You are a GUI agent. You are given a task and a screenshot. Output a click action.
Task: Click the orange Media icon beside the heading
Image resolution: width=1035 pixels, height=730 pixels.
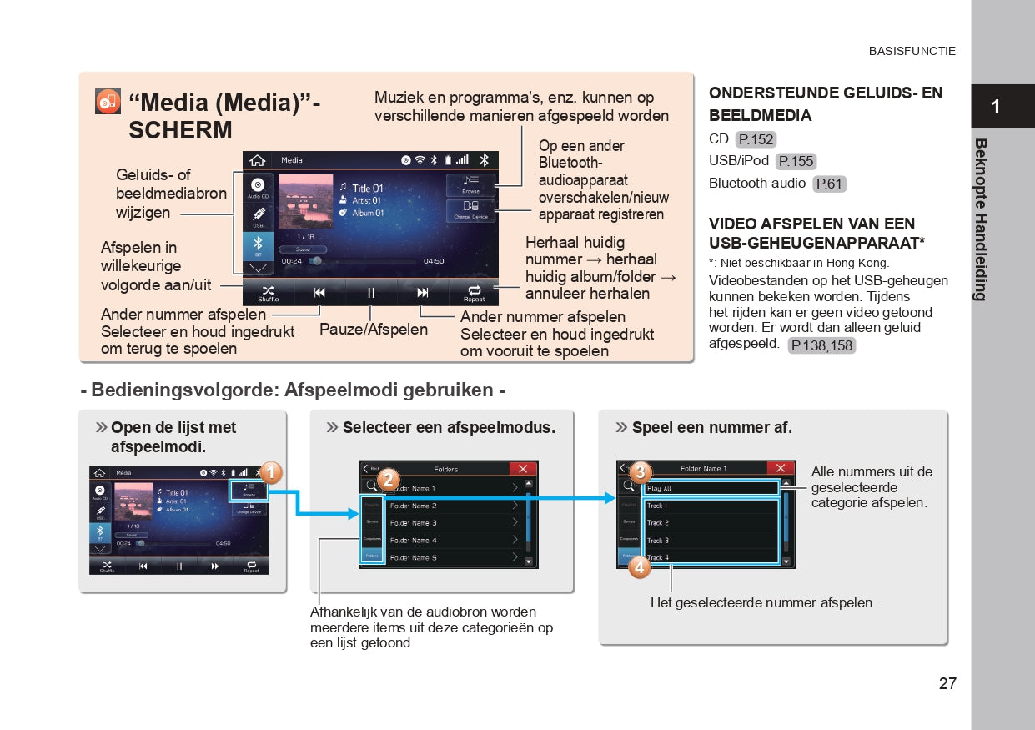(x=108, y=101)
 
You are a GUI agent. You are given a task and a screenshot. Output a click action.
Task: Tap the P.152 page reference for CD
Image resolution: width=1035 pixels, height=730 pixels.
(x=756, y=139)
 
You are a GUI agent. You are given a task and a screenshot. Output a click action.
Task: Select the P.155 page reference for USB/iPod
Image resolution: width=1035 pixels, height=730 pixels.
(x=796, y=161)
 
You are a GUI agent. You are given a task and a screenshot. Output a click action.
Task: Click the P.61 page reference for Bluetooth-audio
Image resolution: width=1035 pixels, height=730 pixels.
(x=829, y=184)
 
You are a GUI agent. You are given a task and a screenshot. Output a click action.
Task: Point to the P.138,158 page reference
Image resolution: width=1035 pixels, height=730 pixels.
(x=821, y=345)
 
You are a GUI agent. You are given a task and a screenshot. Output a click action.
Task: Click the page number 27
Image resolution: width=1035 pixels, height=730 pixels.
(x=947, y=683)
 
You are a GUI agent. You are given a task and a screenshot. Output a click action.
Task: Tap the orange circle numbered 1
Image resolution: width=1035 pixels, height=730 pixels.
(x=270, y=473)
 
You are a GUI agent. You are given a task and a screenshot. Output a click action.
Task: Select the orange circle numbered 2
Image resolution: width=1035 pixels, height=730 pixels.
(x=388, y=480)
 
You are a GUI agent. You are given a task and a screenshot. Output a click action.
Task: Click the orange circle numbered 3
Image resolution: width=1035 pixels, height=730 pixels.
(x=639, y=472)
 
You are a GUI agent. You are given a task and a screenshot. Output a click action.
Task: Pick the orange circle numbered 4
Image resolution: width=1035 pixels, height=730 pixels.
(x=639, y=567)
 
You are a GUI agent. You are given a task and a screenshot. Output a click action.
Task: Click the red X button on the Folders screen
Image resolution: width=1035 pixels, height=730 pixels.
(x=523, y=469)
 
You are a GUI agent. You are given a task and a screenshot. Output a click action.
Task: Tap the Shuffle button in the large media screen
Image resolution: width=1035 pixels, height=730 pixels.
(x=269, y=293)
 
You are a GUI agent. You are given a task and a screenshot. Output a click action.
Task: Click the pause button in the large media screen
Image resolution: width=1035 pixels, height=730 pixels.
(x=371, y=293)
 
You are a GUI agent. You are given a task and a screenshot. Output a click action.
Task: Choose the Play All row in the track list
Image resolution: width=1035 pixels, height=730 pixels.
(x=711, y=488)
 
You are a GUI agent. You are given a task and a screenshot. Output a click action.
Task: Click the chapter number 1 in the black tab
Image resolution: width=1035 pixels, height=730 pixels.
(x=995, y=107)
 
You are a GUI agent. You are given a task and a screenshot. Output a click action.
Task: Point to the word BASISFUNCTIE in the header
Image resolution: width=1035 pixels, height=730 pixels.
(x=912, y=51)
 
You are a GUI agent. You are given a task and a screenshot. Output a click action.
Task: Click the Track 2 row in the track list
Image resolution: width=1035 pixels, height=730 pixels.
(x=711, y=523)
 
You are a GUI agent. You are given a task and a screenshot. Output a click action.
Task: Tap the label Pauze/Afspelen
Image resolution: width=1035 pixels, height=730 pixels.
(x=373, y=330)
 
